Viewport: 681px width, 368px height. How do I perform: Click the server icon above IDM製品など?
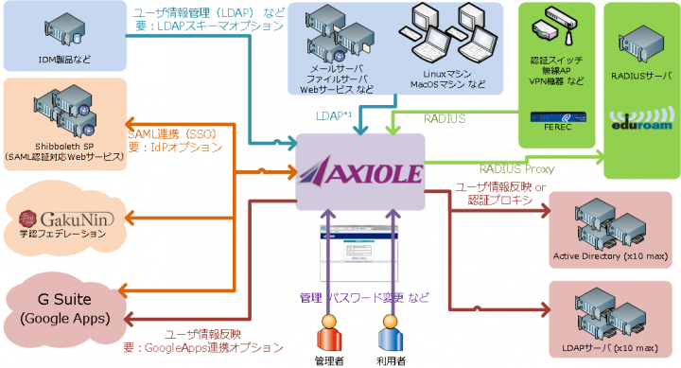point(63,30)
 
